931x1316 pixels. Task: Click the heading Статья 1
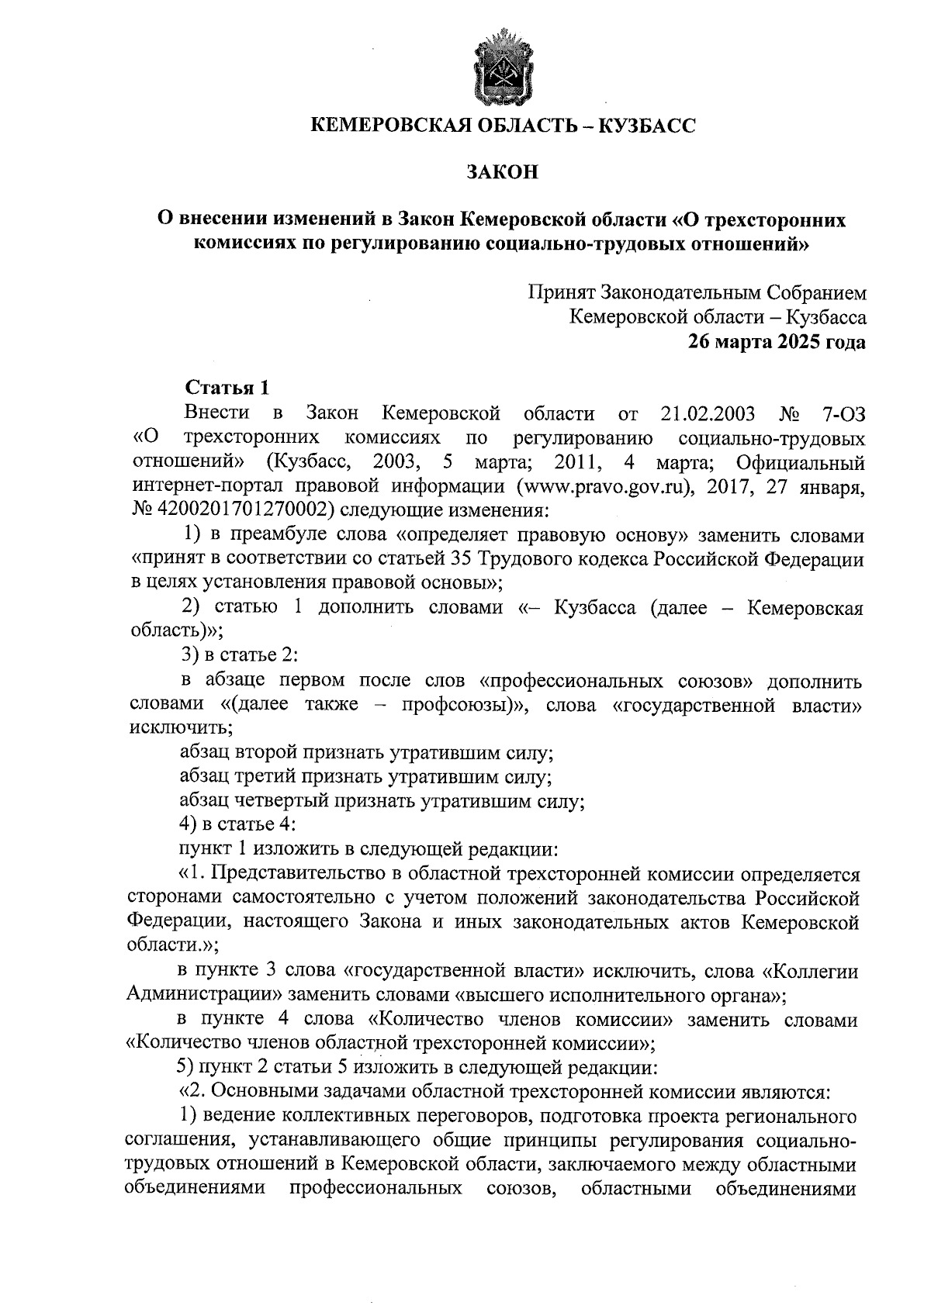point(225,388)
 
